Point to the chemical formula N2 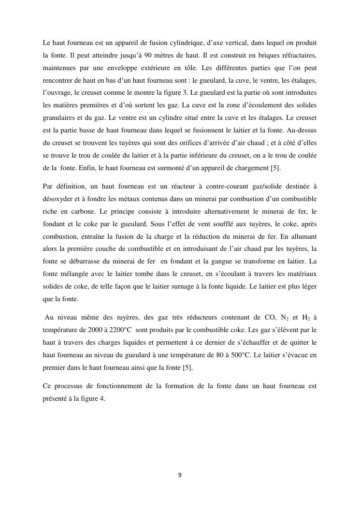tap(287, 318)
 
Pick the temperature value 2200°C tap(116, 330)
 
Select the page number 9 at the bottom tap(180, 475)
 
